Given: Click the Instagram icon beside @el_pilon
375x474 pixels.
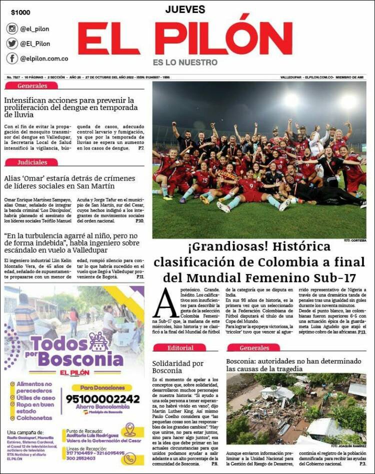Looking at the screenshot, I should point(12,28).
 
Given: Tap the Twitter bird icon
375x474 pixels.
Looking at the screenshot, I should point(12,43).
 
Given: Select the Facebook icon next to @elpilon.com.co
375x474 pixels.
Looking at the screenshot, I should point(12,58).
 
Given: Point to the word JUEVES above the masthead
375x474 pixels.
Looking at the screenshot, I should point(185,9).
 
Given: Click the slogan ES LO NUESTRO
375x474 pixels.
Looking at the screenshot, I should point(185,62).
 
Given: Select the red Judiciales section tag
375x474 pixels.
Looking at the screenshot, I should point(32,162).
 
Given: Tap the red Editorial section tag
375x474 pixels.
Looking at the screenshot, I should point(179,347).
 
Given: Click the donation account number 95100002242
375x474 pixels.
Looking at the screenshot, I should point(102,398).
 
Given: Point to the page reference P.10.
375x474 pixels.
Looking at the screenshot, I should point(140,220).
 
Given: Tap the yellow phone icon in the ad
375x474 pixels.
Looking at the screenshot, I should point(129,457).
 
